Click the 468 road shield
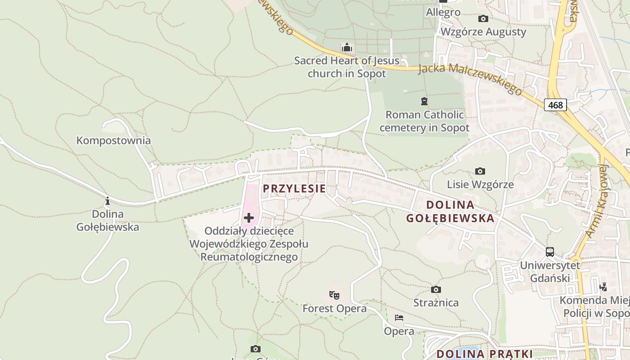[556, 105]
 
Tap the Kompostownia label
[113, 140]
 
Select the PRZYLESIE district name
[294, 189]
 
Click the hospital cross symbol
[248, 218]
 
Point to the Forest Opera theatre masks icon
[334, 295]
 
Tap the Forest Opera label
[334, 309]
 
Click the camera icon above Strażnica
[436, 289]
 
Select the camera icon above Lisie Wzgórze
[480, 171]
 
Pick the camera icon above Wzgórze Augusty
[483, 18]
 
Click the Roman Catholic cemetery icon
[424, 101]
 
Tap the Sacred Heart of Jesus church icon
[346, 47]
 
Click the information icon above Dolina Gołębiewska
[107, 201]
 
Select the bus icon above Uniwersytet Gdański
[549, 252]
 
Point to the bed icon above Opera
[399, 318]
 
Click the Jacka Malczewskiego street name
[470, 79]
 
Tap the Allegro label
[443, 12]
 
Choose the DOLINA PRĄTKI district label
[484, 354]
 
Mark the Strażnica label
[436, 302]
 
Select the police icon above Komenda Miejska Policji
[603, 286]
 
